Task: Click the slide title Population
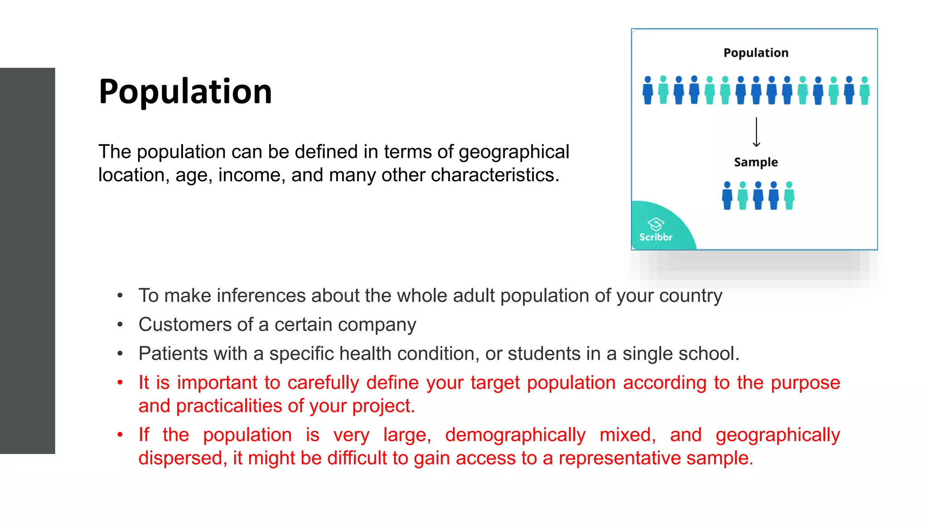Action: click(185, 92)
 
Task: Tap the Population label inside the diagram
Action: click(756, 53)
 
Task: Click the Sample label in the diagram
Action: click(756, 162)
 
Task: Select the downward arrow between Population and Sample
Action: click(756, 132)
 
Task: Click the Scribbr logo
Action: click(656, 230)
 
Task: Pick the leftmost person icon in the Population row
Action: click(648, 90)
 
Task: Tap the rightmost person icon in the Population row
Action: click(865, 91)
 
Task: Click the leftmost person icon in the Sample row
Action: click(727, 196)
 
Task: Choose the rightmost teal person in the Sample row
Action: click(789, 196)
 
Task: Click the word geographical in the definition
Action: click(514, 152)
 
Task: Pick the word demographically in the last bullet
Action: click(515, 435)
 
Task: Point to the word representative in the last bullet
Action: click(619, 458)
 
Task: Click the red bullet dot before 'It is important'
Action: click(120, 383)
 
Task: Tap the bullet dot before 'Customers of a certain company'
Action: click(120, 325)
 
